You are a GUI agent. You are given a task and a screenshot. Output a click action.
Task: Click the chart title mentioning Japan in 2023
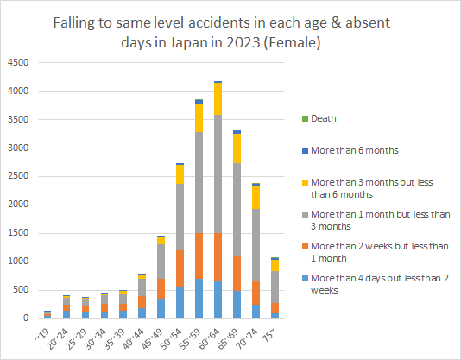coord(230,31)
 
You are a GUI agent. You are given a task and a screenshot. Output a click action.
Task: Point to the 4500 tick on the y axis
coord(18,62)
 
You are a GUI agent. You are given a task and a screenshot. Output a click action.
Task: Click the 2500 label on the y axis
coord(18,176)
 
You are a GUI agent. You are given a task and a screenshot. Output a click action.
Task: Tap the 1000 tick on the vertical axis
coord(18,262)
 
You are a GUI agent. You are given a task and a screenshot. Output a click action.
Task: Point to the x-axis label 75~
coord(277,332)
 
